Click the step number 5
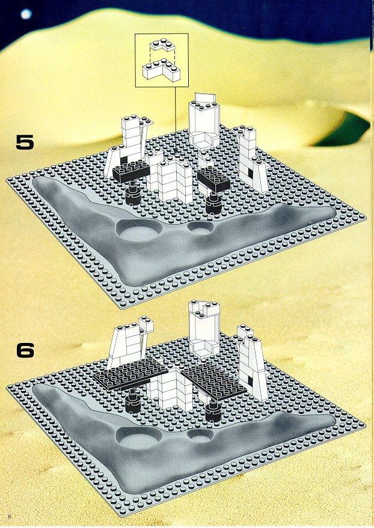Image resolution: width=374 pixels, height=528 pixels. tap(25, 142)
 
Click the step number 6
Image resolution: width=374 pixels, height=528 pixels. tap(25, 350)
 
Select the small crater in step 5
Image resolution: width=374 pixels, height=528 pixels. tap(200, 229)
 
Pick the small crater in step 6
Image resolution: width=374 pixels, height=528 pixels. tap(200, 436)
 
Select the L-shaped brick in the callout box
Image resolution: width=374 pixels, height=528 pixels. tap(161, 70)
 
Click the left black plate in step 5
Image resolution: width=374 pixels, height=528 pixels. tap(131, 172)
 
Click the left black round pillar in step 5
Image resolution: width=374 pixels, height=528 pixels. tap(132, 193)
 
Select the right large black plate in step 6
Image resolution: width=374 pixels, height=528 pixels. tap(213, 381)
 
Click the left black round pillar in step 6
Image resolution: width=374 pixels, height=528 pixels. tap(132, 401)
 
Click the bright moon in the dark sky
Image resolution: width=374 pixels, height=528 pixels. tap(26, 14)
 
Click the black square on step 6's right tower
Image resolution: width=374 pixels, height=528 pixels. tap(250, 381)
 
